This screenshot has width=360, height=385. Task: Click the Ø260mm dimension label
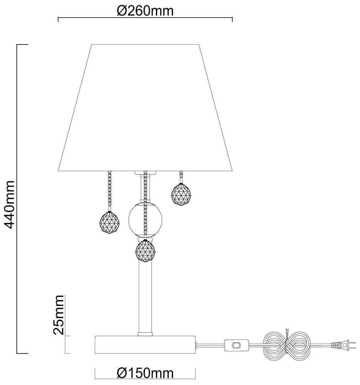[x=145, y=11]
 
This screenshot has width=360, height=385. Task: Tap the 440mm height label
[x=9, y=204]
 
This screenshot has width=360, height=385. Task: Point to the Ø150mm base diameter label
[x=145, y=373]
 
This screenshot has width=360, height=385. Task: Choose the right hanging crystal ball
[x=181, y=195]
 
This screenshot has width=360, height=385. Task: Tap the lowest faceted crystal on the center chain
[x=145, y=250]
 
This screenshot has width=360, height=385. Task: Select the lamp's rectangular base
[x=145, y=345]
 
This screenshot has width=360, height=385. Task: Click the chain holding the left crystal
[x=109, y=190]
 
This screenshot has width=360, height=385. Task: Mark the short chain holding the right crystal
[x=181, y=177]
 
